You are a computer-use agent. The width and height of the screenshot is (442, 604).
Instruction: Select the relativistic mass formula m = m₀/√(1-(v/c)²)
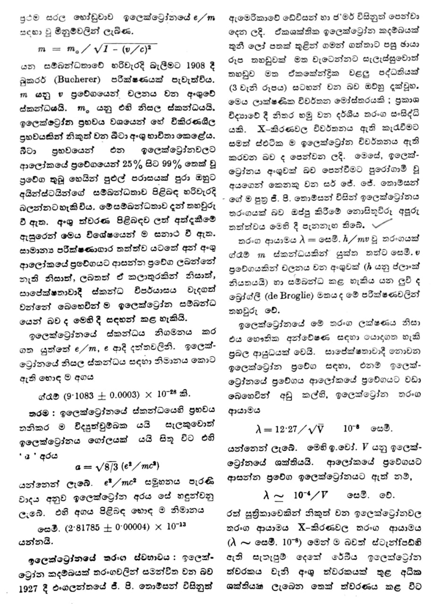click(97, 48)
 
